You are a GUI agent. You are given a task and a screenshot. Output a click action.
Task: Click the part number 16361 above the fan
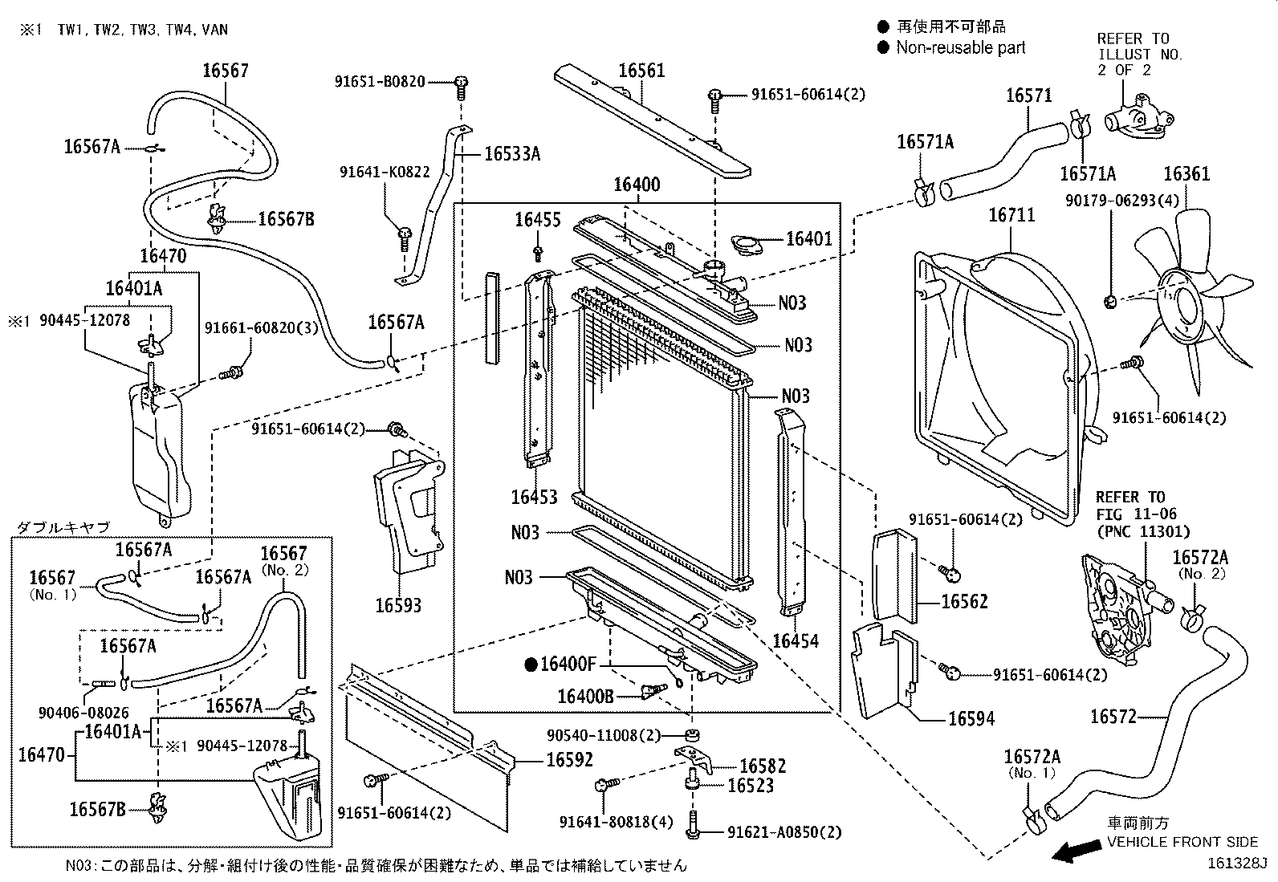point(1186,174)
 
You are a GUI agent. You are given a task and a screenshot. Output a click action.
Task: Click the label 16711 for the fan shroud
point(1011,215)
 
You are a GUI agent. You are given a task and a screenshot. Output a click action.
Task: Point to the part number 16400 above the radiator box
point(637,185)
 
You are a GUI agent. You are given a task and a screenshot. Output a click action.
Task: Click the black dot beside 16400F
point(530,664)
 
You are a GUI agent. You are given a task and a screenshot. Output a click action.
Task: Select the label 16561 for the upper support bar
point(641,71)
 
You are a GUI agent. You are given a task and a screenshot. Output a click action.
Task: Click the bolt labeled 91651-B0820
point(462,82)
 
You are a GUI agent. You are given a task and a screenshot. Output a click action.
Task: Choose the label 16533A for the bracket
point(512,154)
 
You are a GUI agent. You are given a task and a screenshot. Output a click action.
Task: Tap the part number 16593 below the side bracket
point(398,605)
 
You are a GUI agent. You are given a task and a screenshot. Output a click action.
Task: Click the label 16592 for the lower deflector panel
point(569,759)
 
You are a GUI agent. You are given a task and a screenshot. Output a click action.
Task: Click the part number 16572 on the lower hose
point(1113,716)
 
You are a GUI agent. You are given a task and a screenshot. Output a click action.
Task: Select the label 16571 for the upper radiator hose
point(1028,96)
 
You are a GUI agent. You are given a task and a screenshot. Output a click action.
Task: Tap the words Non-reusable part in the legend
point(960,48)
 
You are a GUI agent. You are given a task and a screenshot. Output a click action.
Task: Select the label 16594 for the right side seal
point(971,718)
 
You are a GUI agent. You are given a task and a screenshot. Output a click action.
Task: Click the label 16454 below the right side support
point(796,640)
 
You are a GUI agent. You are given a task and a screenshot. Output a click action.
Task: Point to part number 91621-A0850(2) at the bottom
point(785,832)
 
